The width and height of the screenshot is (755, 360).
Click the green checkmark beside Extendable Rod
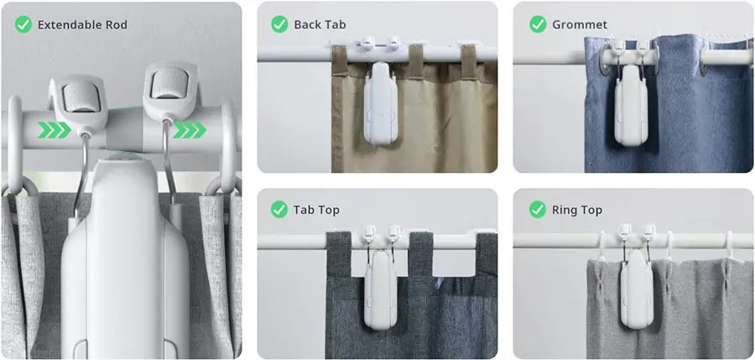(24, 24)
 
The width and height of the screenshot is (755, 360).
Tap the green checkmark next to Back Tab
(279, 24)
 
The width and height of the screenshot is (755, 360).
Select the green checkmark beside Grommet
(538, 24)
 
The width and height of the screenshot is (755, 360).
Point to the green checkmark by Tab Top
(279, 209)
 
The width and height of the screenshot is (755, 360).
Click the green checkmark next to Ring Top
(538, 209)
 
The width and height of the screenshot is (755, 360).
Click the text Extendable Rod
(82, 24)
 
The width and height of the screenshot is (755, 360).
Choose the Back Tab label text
(320, 24)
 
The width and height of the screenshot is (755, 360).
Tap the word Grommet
(580, 24)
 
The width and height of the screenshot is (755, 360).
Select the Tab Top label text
(316, 209)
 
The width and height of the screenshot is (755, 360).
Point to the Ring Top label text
(577, 209)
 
